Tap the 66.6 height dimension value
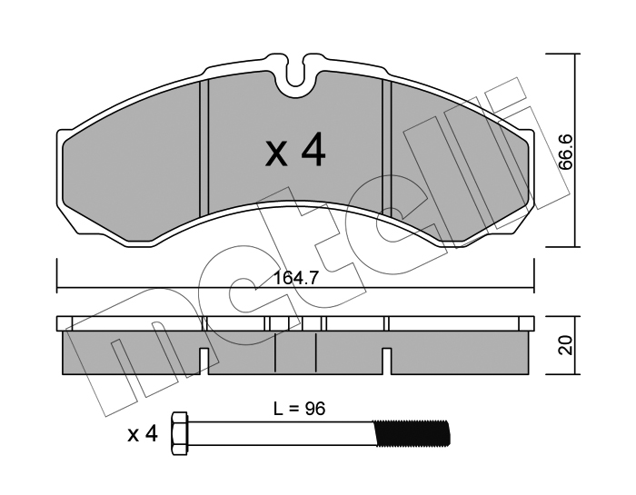pos(565,153)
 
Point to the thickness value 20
pos(565,345)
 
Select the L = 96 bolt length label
pos(299,409)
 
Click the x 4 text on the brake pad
pos(295,150)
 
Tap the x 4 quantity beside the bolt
pos(143,434)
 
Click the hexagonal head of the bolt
pos(180,434)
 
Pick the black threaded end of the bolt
pos(412,434)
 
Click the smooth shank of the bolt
pos(281,434)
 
